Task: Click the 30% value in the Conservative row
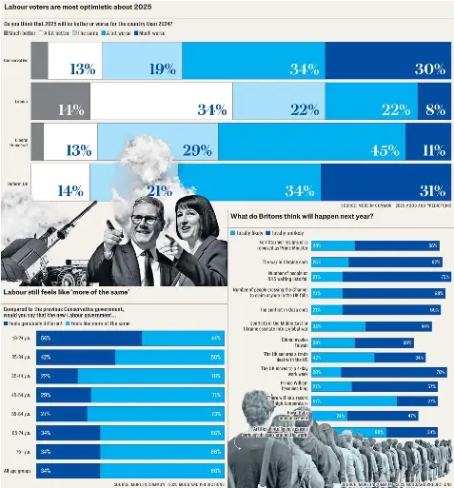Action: pyautogui.click(x=429, y=68)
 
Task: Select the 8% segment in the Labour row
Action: pyautogui.click(x=436, y=109)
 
